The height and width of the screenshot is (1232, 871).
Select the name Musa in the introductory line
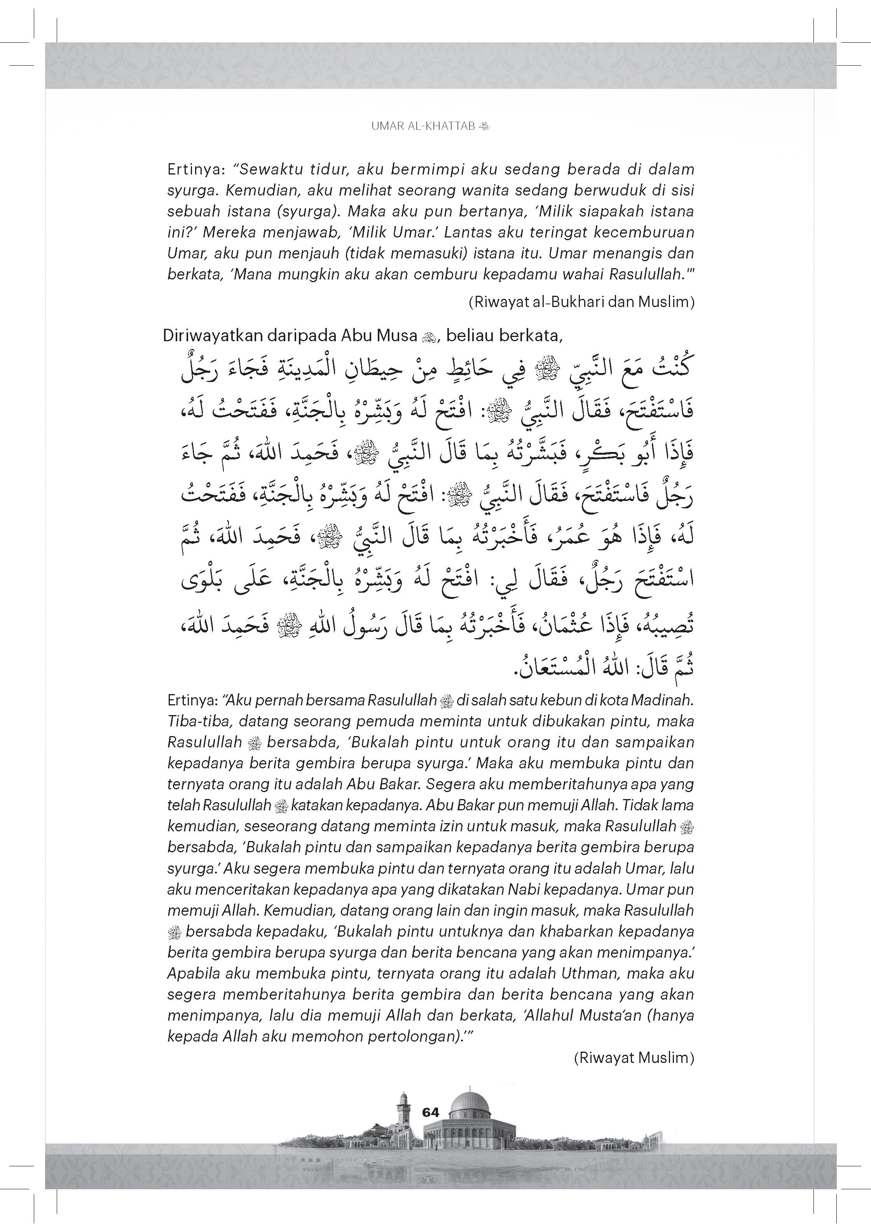click(397, 335)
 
